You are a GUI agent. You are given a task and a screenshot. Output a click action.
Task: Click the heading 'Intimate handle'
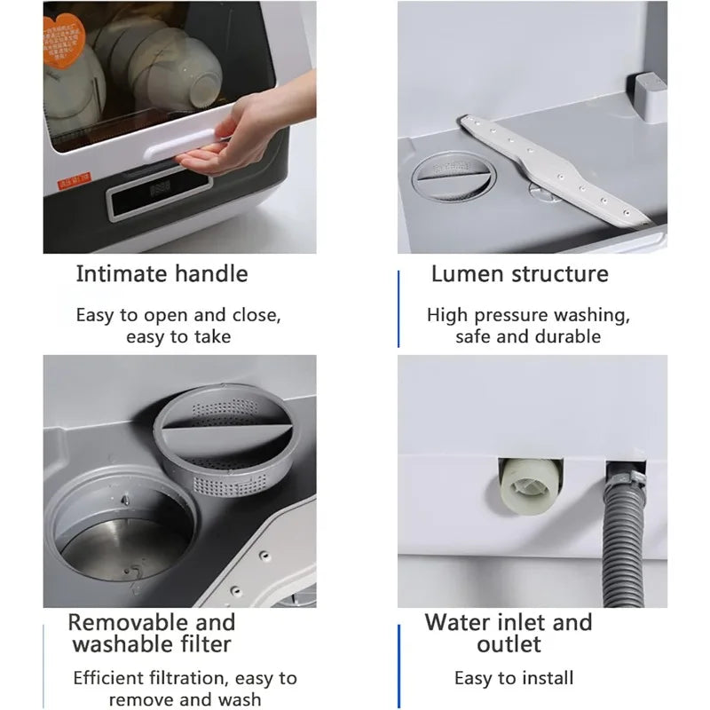tap(162, 273)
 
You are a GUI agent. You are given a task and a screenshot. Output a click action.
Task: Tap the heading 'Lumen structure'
tap(519, 273)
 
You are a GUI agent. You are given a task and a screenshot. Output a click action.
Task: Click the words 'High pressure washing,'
tap(528, 314)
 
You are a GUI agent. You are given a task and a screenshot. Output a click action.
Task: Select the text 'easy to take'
tap(178, 336)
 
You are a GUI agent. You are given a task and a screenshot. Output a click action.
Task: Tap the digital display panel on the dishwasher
tap(162, 190)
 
